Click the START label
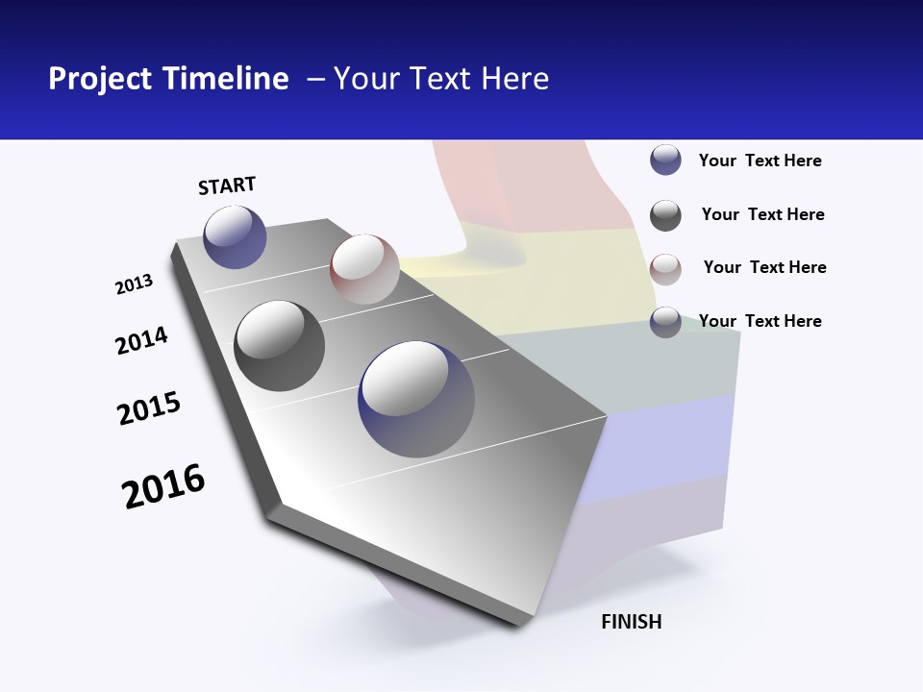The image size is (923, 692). click(227, 185)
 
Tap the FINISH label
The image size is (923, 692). click(631, 622)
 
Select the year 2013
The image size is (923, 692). click(135, 284)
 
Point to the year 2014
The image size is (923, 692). click(141, 341)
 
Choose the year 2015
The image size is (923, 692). click(149, 408)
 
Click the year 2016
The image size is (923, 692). click(163, 486)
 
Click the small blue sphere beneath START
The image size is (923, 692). click(235, 236)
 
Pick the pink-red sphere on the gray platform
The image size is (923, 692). click(364, 269)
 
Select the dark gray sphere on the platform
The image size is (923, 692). click(279, 346)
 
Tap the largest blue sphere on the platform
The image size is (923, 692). click(416, 399)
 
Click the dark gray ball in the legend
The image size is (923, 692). click(665, 215)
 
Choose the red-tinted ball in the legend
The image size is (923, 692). click(665, 268)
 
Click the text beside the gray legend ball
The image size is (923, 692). click(762, 214)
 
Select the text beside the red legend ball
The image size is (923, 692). click(764, 267)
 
